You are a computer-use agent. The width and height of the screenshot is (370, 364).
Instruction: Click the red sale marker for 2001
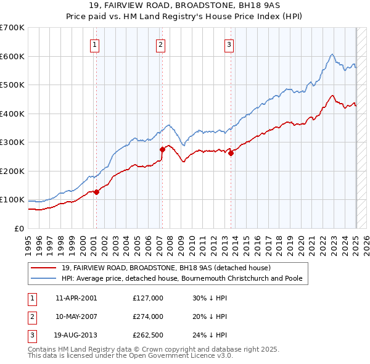tap(96, 192)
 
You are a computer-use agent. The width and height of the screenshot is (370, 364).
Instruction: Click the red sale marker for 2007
tap(162, 149)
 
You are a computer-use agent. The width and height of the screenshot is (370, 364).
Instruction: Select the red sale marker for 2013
tap(231, 153)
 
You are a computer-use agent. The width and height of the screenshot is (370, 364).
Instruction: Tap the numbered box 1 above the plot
tap(95, 44)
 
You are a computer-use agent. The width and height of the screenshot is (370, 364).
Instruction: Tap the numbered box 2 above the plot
tap(160, 44)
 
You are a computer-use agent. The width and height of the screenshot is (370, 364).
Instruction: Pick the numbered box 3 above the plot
tap(229, 44)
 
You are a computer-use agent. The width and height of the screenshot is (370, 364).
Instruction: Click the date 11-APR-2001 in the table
tap(76, 298)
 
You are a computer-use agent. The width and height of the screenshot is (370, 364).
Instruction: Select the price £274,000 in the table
tap(148, 316)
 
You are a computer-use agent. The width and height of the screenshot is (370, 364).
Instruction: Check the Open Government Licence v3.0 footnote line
tap(130, 356)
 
